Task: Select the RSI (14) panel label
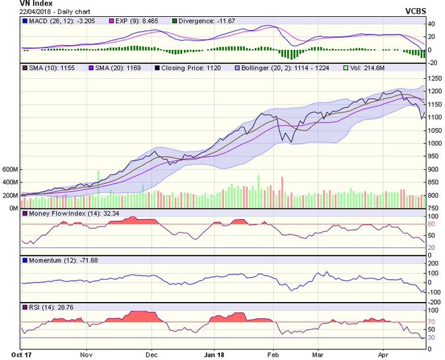click(x=44, y=307)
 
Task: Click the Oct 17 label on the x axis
click(x=22, y=353)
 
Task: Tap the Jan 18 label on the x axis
click(x=214, y=353)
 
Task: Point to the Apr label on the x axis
click(x=384, y=353)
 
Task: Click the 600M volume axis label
click(x=9, y=169)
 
